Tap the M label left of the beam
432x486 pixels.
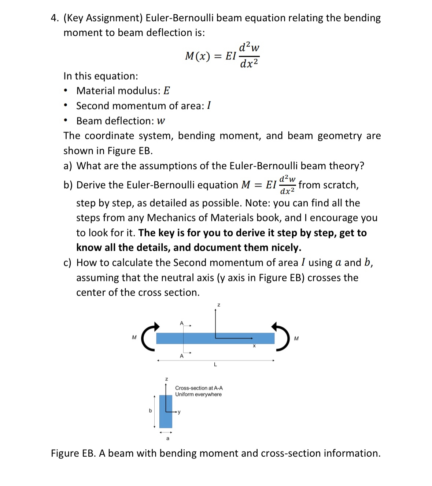pos(134,337)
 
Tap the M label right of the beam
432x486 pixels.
pos(296,338)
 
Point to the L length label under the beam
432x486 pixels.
pos(215,364)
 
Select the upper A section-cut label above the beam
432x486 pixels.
pos(181,323)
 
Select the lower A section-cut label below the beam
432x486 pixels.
pos(181,356)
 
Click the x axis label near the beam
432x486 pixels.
pos(254,346)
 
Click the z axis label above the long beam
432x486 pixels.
pos(219,305)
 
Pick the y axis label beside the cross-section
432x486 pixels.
pos(179,412)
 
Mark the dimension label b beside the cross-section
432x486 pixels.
pos(150,411)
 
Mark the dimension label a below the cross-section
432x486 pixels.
pos(168,438)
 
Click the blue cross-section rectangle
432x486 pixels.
pos(166,418)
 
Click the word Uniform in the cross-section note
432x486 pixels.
pos(184,395)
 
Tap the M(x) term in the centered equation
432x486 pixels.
pos(197,56)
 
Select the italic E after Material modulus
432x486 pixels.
pos(166,91)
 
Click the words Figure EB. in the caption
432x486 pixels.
pos(73,453)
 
